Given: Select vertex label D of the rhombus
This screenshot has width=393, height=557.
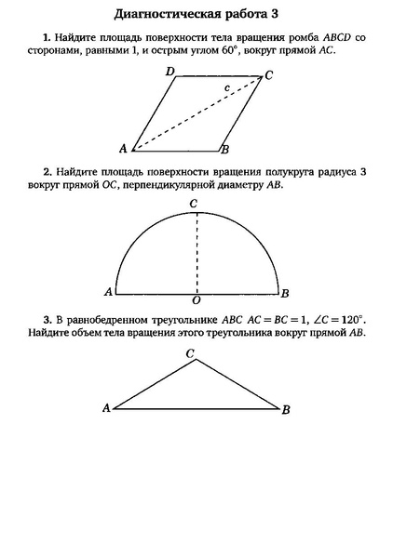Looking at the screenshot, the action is (x=169, y=72).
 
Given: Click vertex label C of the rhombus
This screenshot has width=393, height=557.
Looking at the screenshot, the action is (x=268, y=76).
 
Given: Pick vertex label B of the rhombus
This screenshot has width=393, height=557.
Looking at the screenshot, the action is (x=225, y=149).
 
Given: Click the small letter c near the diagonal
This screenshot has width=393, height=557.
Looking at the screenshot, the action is (x=226, y=89).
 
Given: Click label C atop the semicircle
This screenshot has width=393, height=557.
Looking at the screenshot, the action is (x=194, y=204).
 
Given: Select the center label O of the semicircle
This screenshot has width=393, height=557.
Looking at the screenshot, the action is (x=196, y=300).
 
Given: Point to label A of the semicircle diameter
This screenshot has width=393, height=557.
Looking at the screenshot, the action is (x=108, y=292).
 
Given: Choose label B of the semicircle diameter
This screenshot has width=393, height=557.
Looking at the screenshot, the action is (x=285, y=292).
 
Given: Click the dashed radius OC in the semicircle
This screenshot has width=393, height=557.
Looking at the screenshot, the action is (x=196, y=251).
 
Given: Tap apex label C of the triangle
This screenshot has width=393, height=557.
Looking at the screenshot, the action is (x=190, y=353).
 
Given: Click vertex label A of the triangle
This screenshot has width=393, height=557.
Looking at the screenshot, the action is (x=105, y=407).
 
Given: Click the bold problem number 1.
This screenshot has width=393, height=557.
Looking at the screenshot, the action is (x=46, y=36).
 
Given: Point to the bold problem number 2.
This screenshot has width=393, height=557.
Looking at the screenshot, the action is (x=46, y=172).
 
